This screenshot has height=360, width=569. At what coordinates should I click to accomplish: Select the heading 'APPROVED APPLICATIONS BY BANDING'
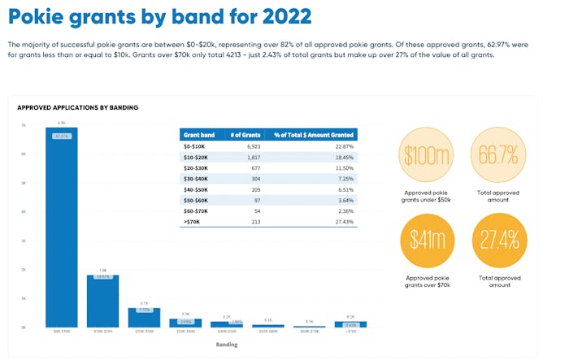[77, 107]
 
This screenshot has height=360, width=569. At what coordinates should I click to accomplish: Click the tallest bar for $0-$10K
[61, 228]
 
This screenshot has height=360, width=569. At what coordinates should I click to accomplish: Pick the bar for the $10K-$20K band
[103, 301]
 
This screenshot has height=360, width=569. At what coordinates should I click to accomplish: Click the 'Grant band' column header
[198, 134]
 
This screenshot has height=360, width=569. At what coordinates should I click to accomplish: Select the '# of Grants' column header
[252, 134]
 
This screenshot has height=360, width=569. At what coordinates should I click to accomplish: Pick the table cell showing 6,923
[252, 145]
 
